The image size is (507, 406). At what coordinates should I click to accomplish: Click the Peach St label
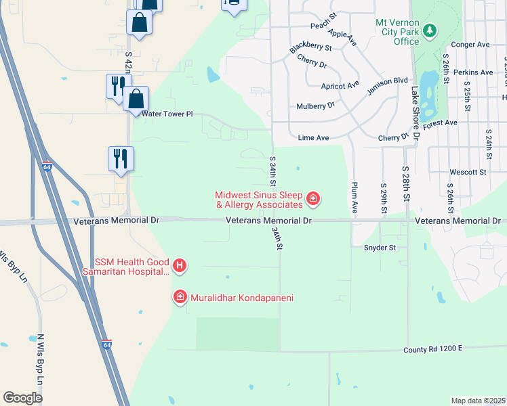coord(323,25)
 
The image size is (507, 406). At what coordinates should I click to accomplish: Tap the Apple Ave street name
coord(342,37)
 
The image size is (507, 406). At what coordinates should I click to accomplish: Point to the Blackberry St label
coord(310,49)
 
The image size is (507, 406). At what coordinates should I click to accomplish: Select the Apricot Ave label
coord(340,85)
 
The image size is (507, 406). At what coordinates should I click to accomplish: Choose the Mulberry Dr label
coord(316,106)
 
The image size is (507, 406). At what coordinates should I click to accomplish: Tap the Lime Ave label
coord(313,138)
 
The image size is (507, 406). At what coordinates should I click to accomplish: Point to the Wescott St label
coord(472,173)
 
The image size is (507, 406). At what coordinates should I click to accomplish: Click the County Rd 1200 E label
coord(431,348)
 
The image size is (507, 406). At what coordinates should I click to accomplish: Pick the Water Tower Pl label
coord(167,114)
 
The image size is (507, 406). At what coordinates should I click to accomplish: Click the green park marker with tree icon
coord(429,30)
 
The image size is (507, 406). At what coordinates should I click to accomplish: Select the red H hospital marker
coord(179,266)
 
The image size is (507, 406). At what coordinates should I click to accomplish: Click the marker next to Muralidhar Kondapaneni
coord(180,296)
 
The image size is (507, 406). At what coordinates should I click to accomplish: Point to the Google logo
coord(22,398)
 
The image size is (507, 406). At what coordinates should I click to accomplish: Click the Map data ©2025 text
coord(478,401)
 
